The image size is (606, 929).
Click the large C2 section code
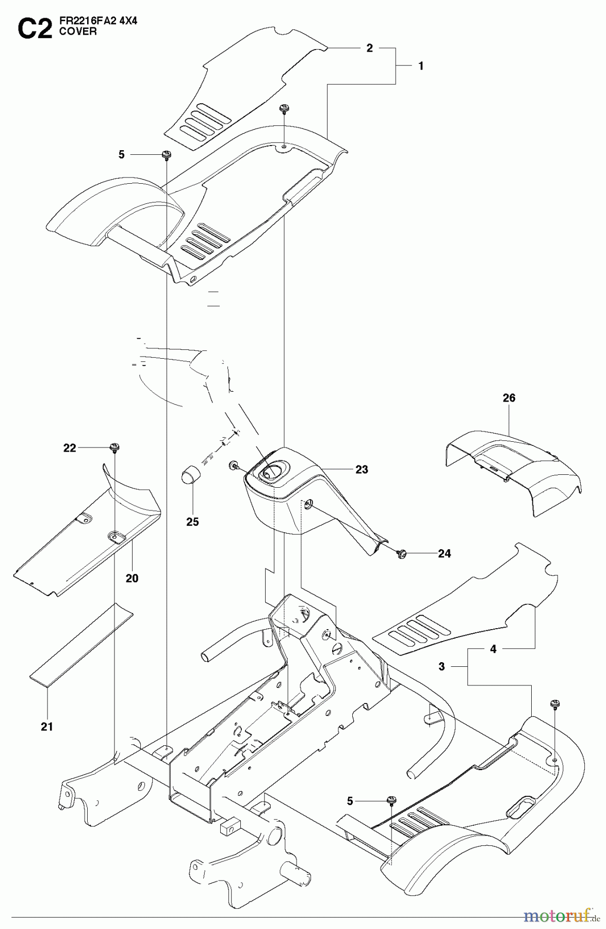(x=35, y=30)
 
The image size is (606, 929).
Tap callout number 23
(x=362, y=469)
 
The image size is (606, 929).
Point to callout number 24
(x=444, y=554)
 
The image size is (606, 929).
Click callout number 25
(x=192, y=522)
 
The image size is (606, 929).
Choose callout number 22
(x=70, y=448)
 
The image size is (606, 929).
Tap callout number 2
(x=369, y=48)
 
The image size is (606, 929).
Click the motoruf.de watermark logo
(x=560, y=917)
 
